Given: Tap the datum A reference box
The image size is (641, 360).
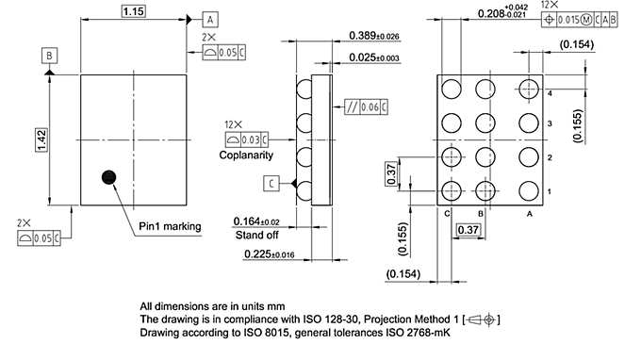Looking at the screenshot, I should click(211, 18).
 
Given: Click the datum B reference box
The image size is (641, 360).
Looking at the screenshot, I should click(48, 56).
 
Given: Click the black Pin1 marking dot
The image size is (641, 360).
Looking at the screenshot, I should click(109, 176).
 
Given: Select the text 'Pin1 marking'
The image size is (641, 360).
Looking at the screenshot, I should click(171, 226).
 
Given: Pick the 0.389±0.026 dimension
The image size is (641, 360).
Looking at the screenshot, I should click(375, 35).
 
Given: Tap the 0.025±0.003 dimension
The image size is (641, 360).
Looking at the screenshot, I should click(375, 57).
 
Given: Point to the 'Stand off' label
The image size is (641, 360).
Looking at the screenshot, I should click(256, 235).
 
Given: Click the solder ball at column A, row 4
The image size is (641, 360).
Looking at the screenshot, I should click(526, 88).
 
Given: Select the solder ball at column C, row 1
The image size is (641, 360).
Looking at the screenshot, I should click(452, 191).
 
